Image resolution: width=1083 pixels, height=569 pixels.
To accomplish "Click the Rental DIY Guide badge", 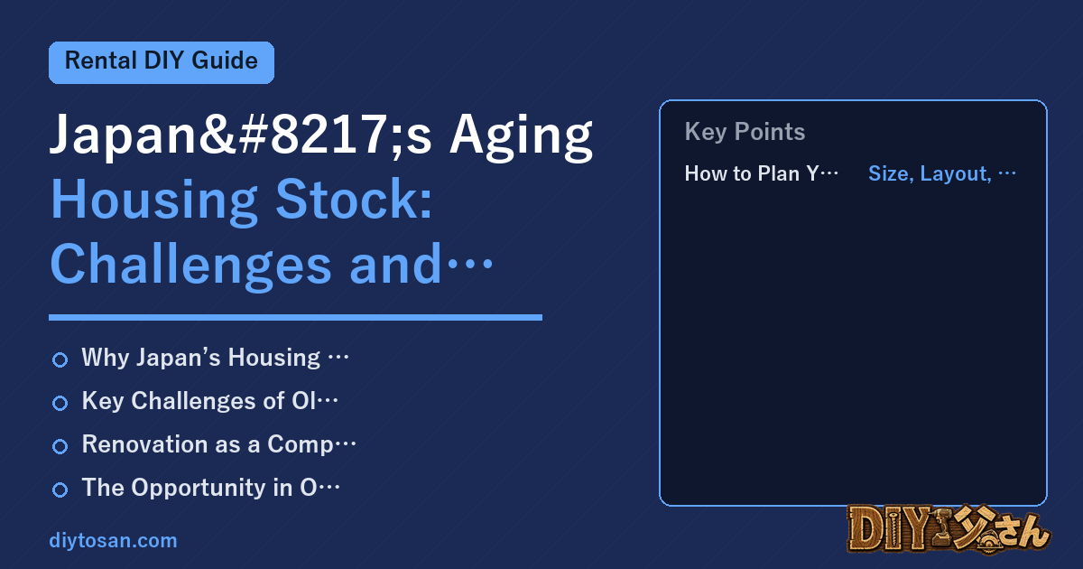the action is coord(162,62).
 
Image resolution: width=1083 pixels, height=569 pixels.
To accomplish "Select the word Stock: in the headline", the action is coord(354,200).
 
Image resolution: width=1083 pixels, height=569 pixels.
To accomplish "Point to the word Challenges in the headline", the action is coord(191,266).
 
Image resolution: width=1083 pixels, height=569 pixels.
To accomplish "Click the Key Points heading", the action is coord(745,132).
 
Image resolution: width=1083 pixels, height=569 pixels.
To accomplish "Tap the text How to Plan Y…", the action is coord(761,173).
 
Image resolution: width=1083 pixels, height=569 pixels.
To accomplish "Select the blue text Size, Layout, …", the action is coord(942,173).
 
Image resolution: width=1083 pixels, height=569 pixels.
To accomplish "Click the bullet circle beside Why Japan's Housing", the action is coord(60,359).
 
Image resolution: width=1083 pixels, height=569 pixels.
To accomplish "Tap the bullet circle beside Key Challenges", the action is coord(60,403).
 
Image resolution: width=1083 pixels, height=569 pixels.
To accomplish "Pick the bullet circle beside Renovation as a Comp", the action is coord(60,446).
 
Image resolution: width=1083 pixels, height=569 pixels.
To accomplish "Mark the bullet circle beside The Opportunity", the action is coord(60,490).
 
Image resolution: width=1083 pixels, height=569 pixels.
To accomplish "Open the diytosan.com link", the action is coord(113,540).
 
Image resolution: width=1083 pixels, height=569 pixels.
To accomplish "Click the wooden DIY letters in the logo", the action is coord(889,529).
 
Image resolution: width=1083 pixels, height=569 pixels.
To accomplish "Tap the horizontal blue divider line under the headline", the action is coord(295,317).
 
